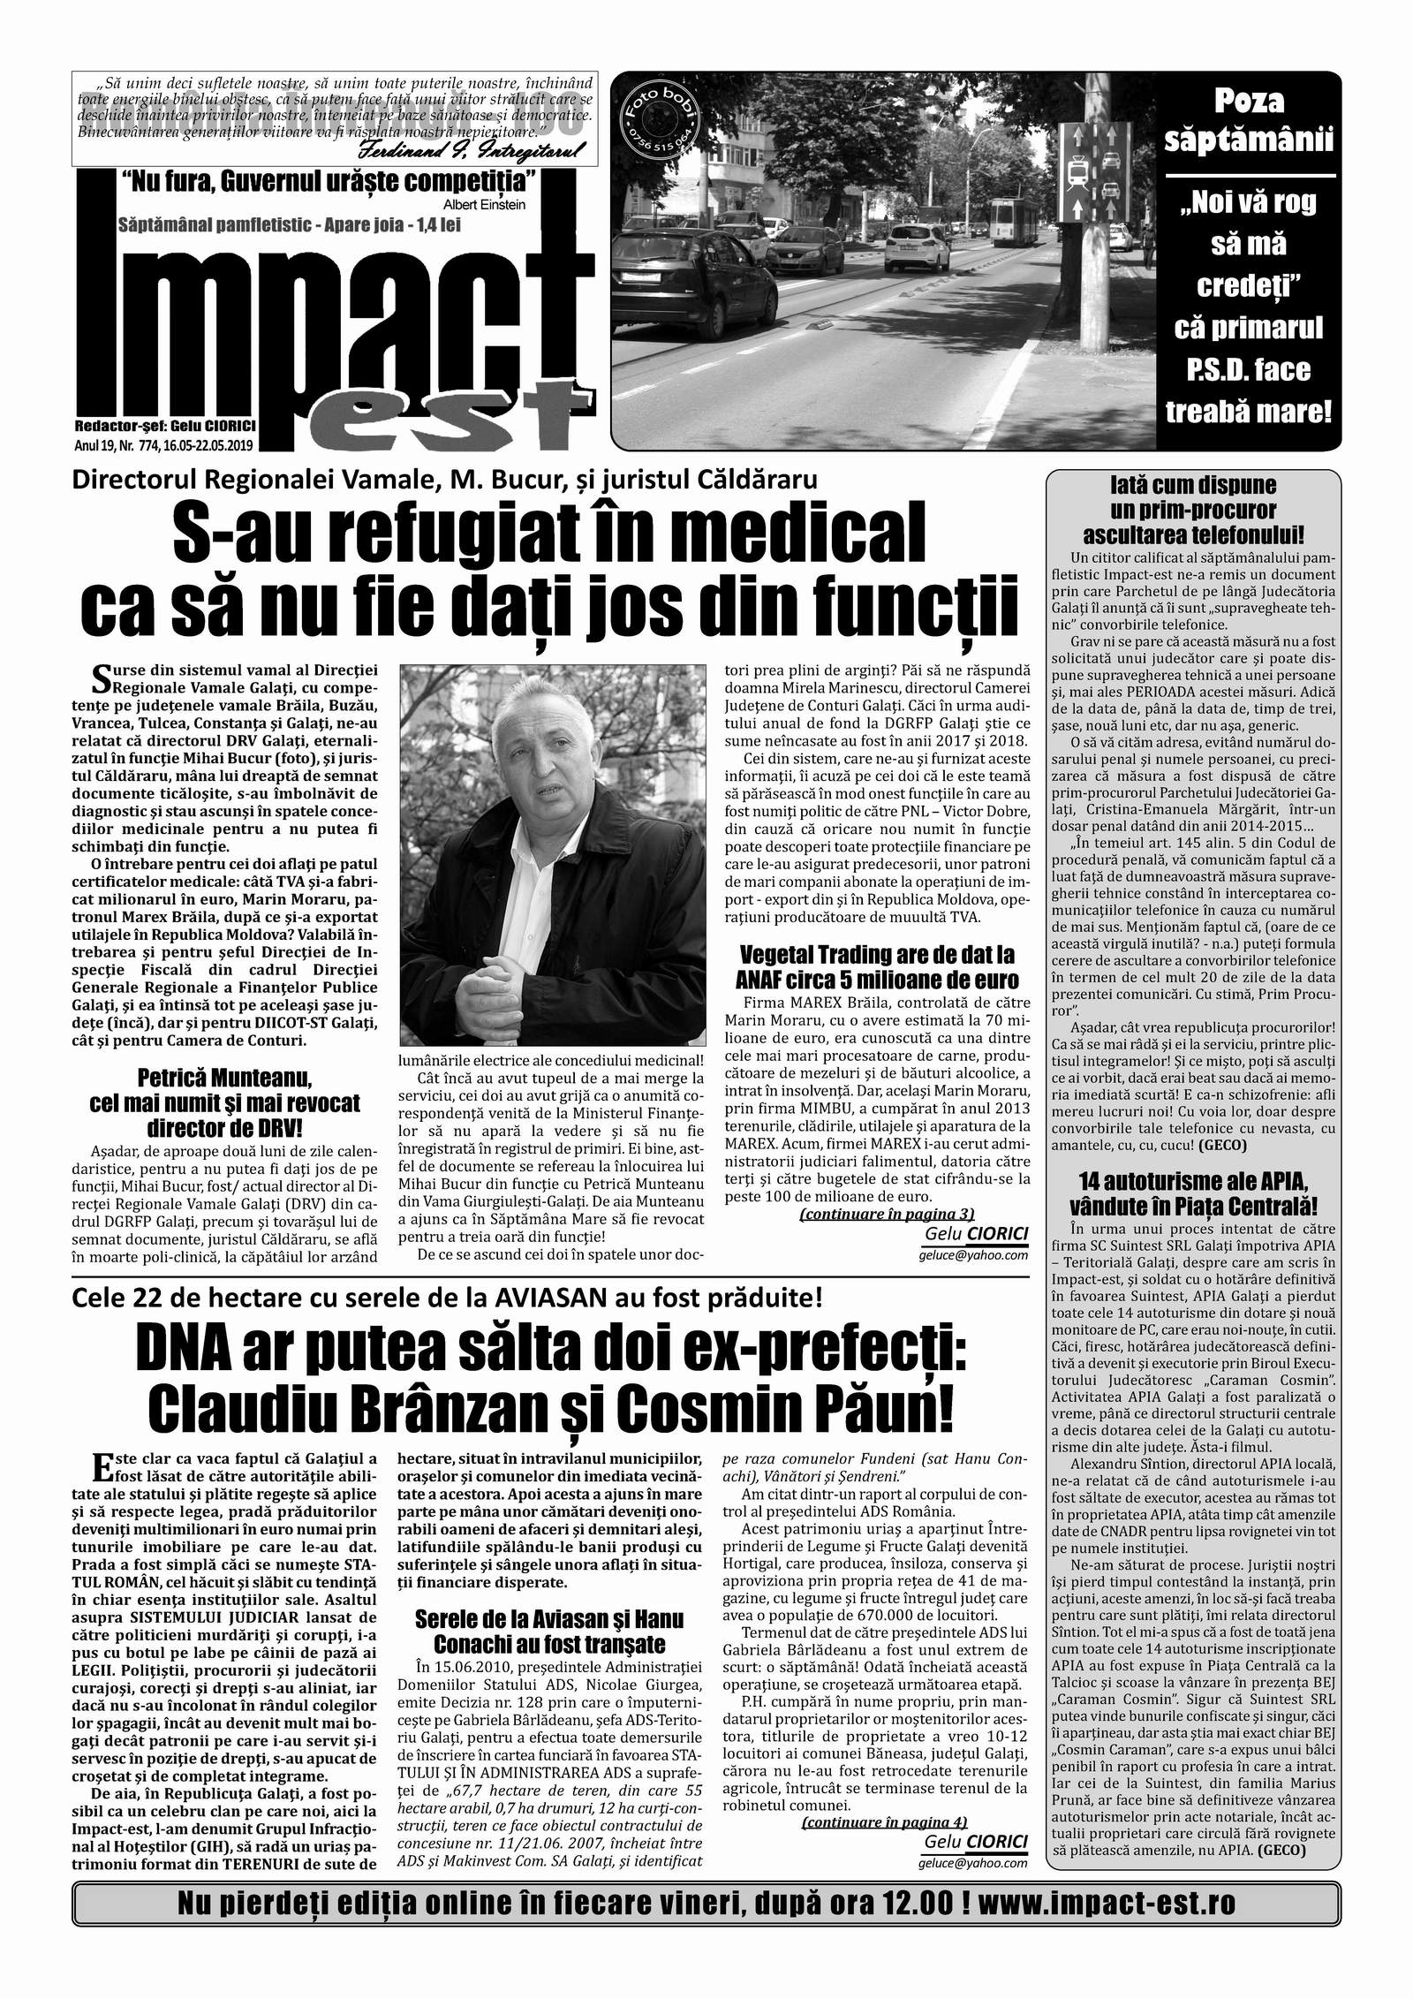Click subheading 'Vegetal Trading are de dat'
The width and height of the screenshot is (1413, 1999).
pos(876,967)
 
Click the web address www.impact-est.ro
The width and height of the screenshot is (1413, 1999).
pos(1109,1947)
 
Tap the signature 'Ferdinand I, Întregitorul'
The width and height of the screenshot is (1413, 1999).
pos(503,152)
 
